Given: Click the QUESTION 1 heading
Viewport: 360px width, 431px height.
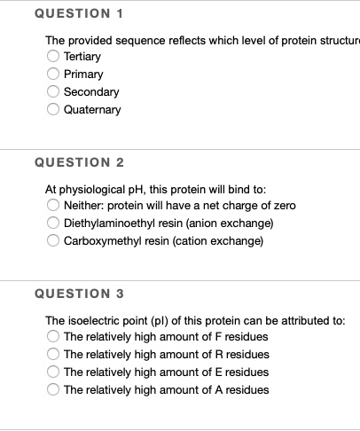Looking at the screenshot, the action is (x=78, y=14).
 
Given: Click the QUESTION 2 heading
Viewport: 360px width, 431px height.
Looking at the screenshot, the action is (x=78, y=162).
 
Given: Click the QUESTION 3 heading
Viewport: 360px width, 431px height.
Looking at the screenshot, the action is (x=78, y=294).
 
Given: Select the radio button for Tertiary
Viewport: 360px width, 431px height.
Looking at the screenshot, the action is (x=54, y=57).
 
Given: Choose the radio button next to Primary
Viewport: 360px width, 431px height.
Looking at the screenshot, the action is (x=54, y=74).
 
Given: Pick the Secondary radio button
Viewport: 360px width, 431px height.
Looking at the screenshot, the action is (x=54, y=92).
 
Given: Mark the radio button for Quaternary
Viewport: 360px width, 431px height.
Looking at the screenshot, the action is (x=54, y=110).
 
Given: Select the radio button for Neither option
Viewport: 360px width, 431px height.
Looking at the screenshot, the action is (x=54, y=206).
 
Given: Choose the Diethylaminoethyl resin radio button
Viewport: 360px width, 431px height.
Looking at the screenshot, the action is (x=54, y=223).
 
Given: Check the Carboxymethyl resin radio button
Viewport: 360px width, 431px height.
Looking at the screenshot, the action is (x=54, y=241).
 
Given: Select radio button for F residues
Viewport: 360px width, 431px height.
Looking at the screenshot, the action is (x=54, y=337).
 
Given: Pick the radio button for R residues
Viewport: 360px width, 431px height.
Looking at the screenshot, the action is (x=54, y=355).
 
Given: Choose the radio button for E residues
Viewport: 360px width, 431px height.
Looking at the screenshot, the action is (x=54, y=372).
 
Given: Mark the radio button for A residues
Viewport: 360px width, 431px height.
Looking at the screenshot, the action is (x=54, y=390).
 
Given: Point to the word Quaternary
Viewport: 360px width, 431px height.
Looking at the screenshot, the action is (x=92, y=110).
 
